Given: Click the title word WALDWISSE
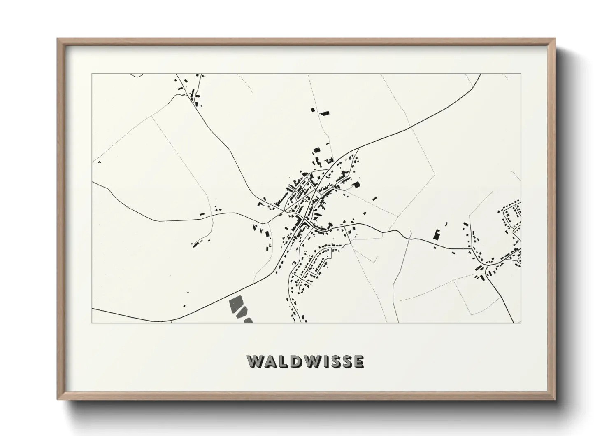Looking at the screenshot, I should [x=305, y=361].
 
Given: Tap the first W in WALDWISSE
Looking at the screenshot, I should [x=255, y=361].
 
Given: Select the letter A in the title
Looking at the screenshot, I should [x=269, y=361].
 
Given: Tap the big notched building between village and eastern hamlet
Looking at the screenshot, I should [x=437, y=235].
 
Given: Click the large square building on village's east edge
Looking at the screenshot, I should [x=356, y=185].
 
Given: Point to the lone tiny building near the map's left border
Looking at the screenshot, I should [x=99, y=162].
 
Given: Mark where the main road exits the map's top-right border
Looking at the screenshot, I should [x=480, y=75].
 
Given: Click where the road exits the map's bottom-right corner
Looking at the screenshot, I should [x=513, y=322].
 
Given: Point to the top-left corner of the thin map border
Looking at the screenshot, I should [x=92, y=74].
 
